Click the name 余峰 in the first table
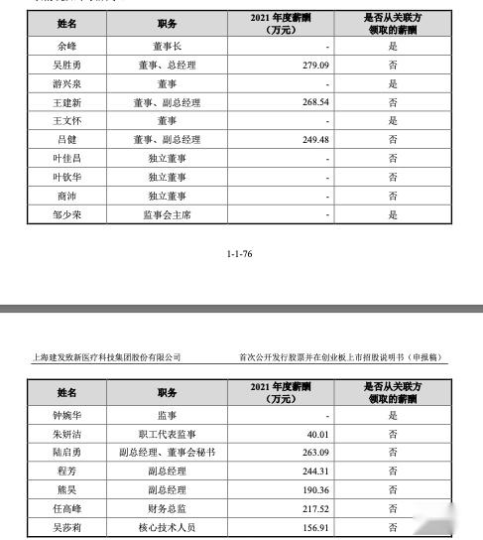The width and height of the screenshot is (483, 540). point(66,46)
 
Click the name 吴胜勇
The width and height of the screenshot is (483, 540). point(66,65)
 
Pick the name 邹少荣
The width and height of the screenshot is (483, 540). point(66,214)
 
